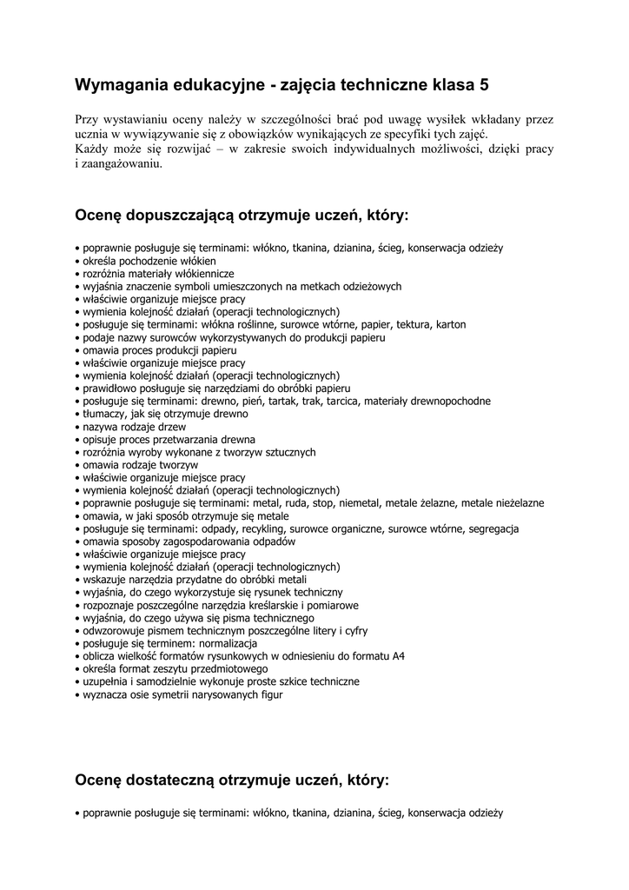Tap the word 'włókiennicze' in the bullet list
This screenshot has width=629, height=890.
click(194, 273)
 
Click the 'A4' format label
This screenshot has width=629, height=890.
click(399, 656)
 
